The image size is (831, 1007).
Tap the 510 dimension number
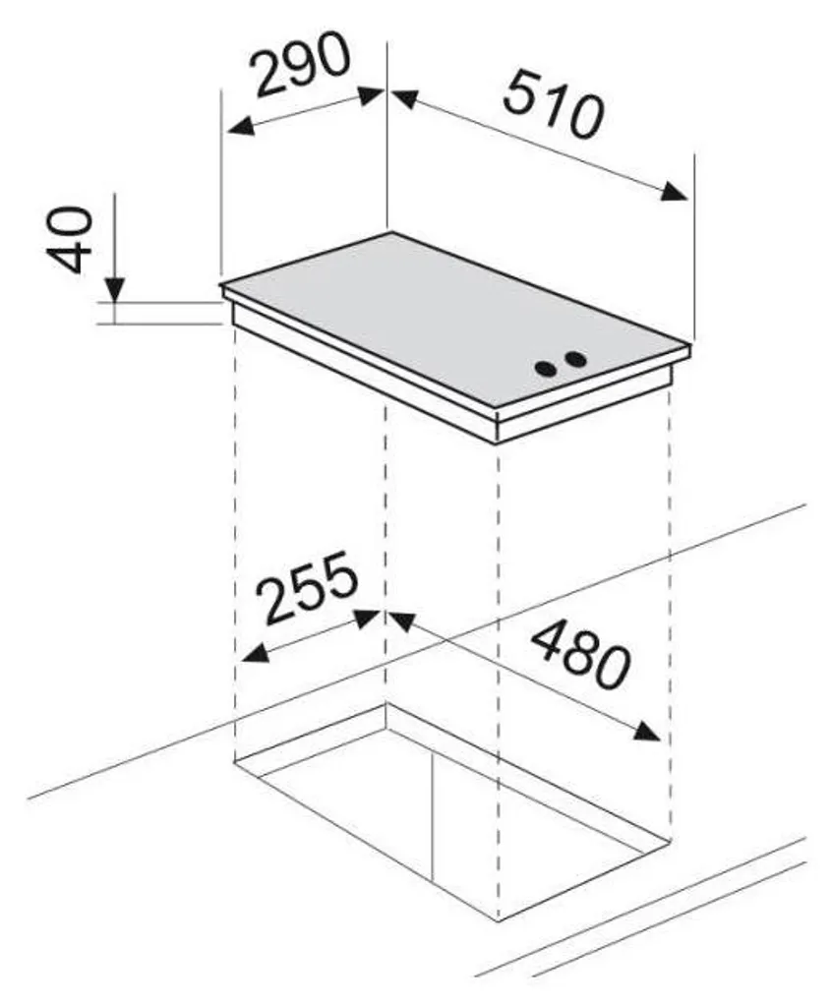click(x=554, y=105)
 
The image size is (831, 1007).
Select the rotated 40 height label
click(x=69, y=240)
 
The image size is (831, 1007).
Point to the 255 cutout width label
click(x=310, y=587)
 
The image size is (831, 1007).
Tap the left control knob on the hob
click(x=547, y=369)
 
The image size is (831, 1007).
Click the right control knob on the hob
click(x=576, y=359)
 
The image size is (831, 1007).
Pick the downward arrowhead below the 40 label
click(x=115, y=290)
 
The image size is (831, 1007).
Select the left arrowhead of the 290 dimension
click(x=240, y=126)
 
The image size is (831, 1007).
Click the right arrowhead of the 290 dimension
click(x=371, y=94)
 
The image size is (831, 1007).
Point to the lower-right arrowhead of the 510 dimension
click(x=674, y=192)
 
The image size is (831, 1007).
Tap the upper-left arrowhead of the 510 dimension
click(x=404, y=98)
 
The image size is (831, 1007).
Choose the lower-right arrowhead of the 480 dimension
click(x=647, y=732)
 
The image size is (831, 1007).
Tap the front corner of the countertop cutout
click(x=499, y=921)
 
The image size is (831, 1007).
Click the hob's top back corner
click(x=388, y=232)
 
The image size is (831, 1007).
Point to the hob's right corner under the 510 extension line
click(x=690, y=346)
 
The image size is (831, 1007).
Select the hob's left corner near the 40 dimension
click(x=221, y=284)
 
